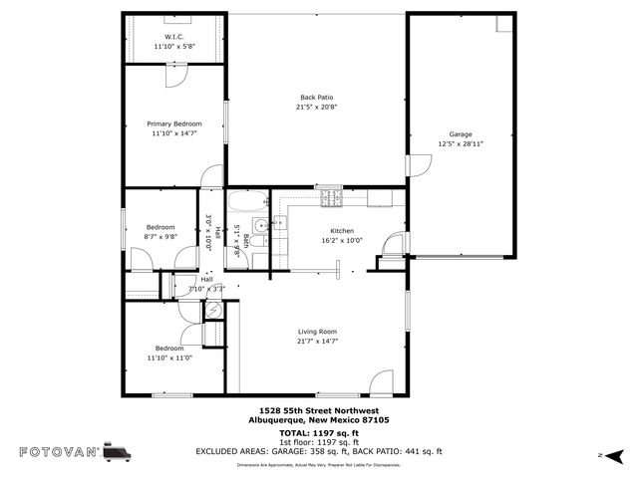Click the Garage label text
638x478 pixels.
460,134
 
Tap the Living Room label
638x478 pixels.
317,332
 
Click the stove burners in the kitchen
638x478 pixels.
330,199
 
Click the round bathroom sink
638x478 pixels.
257,225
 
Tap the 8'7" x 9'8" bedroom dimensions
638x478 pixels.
160,237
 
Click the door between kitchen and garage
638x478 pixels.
396,243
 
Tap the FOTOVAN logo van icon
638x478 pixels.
117,451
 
